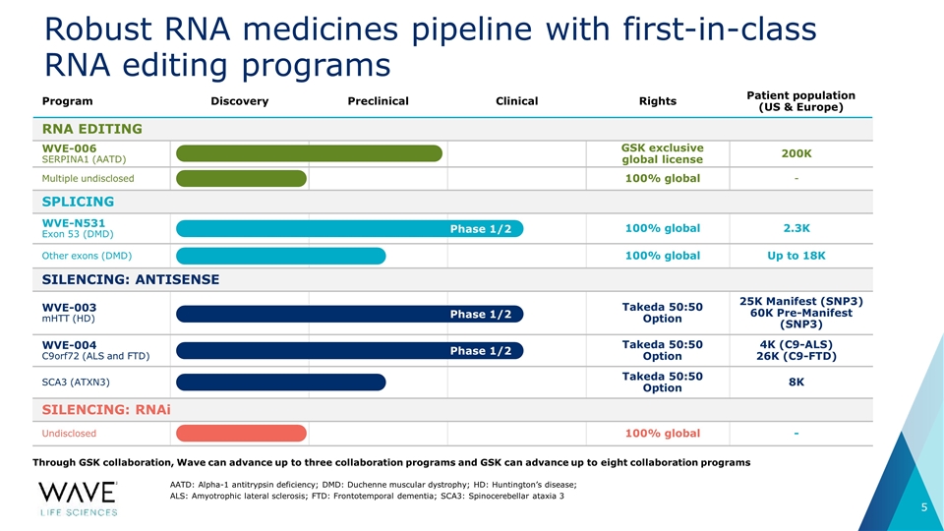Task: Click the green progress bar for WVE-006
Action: point(309,153)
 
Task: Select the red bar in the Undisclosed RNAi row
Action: point(241,433)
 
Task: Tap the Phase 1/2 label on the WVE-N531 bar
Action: point(481,229)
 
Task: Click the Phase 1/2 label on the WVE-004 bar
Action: point(481,351)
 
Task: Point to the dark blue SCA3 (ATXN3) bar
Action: point(280,383)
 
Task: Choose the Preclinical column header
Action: point(378,101)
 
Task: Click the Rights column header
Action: point(658,101)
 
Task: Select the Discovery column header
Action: point(240,101)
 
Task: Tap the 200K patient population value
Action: point(796,153)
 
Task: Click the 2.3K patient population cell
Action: point(796,228)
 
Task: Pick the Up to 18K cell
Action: point(796,256)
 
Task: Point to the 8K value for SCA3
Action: point(796,382)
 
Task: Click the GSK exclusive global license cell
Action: point(662,153)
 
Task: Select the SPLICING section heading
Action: point(78,202)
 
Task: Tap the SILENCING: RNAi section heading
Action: point(106,410)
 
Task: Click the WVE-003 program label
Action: point(69,307)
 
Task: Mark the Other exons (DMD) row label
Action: point(87,256)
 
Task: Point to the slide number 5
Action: point(924,507)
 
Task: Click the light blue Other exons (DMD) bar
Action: point(280,256)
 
